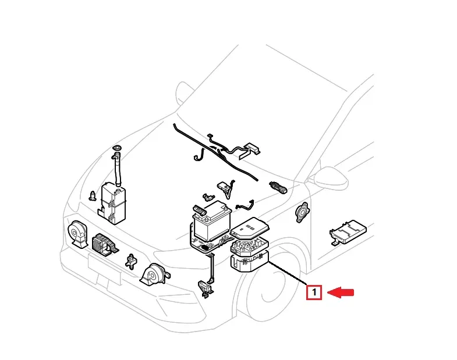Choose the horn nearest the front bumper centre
(154, 274)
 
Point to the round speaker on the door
(302, 212)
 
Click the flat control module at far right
(347, 232)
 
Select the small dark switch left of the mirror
(279, 187)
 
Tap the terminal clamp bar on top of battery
(201, 208)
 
